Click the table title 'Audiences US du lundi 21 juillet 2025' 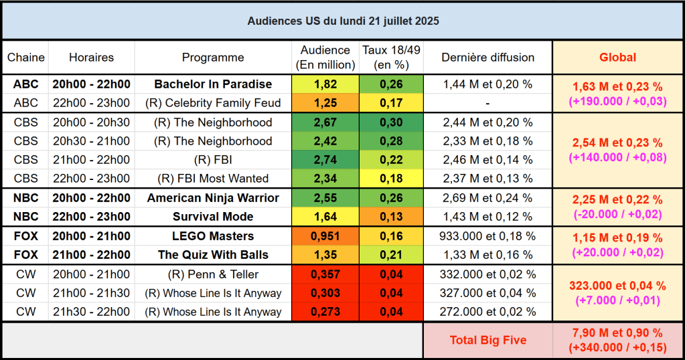[x=343, y=21]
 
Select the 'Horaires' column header [x=91, y=58]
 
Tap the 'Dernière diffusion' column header [x=487, y=58]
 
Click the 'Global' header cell [x=617, y=58]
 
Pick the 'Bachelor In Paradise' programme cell [x=213, y=84]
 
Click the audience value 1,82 [x=325, y=84]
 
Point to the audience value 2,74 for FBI [x=325, y=160]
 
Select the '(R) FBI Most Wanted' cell [x=213, y=179]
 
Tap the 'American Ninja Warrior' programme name [x=213, y=198]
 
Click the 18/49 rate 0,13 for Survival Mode [x=391, y=217]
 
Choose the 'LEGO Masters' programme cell [x=213, y=236]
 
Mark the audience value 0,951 [x=325, y=236]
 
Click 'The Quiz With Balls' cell [x=213, y=255]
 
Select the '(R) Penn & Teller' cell [x=213, y=274]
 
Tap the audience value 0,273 [x=325, y=312]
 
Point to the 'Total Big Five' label [x=487, y=341]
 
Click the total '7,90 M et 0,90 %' [x=617, y=333]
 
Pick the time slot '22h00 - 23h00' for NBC [x=91, y=217]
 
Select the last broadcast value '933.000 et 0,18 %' [x=487, y=236]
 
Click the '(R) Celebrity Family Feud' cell [x=213, y=103]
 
